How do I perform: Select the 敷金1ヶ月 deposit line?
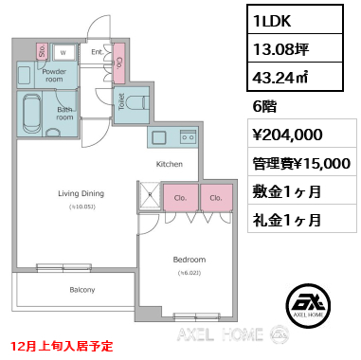pos(286,191)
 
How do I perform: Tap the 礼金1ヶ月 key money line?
pos(286,220)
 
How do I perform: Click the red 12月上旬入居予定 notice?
pos(62,347)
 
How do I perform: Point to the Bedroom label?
pos(189,259)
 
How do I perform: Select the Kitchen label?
pos(170,164)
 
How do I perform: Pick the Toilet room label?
pos(121,103)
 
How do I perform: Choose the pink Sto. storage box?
pos(42,53)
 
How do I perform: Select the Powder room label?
pos(53,76)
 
